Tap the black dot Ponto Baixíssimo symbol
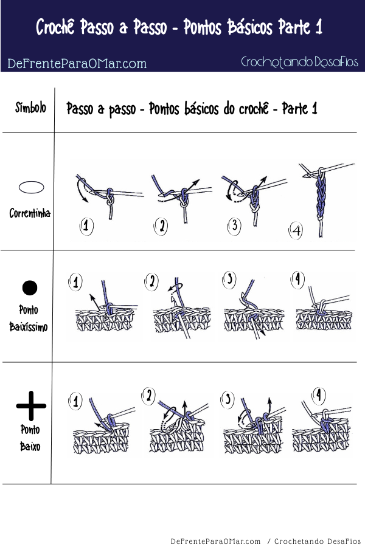(30, 287)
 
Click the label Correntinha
(30, 213)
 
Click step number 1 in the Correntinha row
(87, 227)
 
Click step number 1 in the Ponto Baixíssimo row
(76, 282)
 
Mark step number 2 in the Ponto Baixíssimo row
(152, 281)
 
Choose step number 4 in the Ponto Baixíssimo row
(297, 280)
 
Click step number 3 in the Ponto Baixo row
(228, 399)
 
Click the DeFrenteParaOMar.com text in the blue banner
(77, 63)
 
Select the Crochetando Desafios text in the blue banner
(299, 62)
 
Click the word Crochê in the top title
(61, 27)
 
